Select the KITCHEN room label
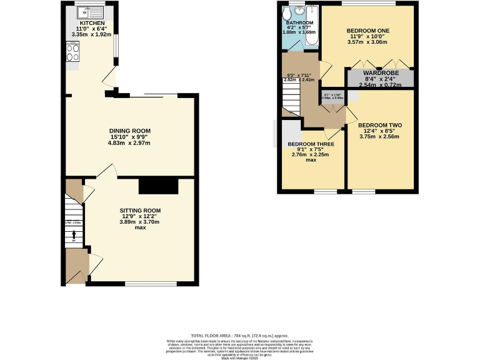coord(87,22)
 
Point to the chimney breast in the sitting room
coord(159,186)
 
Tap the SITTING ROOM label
coord(141,210)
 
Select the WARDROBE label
coord(381,72)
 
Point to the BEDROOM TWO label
coord(380,125)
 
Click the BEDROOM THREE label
coord(311,144)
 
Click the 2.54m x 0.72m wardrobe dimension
coord(381,84)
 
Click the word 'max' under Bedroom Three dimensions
coord(311,160)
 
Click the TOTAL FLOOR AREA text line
coord(240,336)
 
